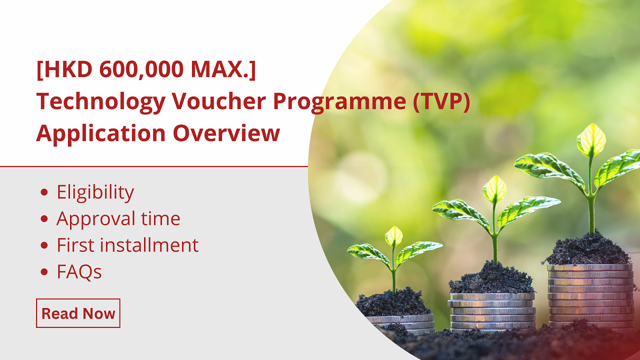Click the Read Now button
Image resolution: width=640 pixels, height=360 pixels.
coord(78,313)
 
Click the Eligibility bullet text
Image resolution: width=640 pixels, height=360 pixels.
coord(95,192)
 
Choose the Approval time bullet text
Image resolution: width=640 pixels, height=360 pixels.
coord(118,219)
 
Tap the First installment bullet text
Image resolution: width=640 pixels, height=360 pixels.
coord(127,245)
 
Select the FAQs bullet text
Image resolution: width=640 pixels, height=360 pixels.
coord(79,272)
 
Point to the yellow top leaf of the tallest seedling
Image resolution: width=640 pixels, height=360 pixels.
coord(591,139)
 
